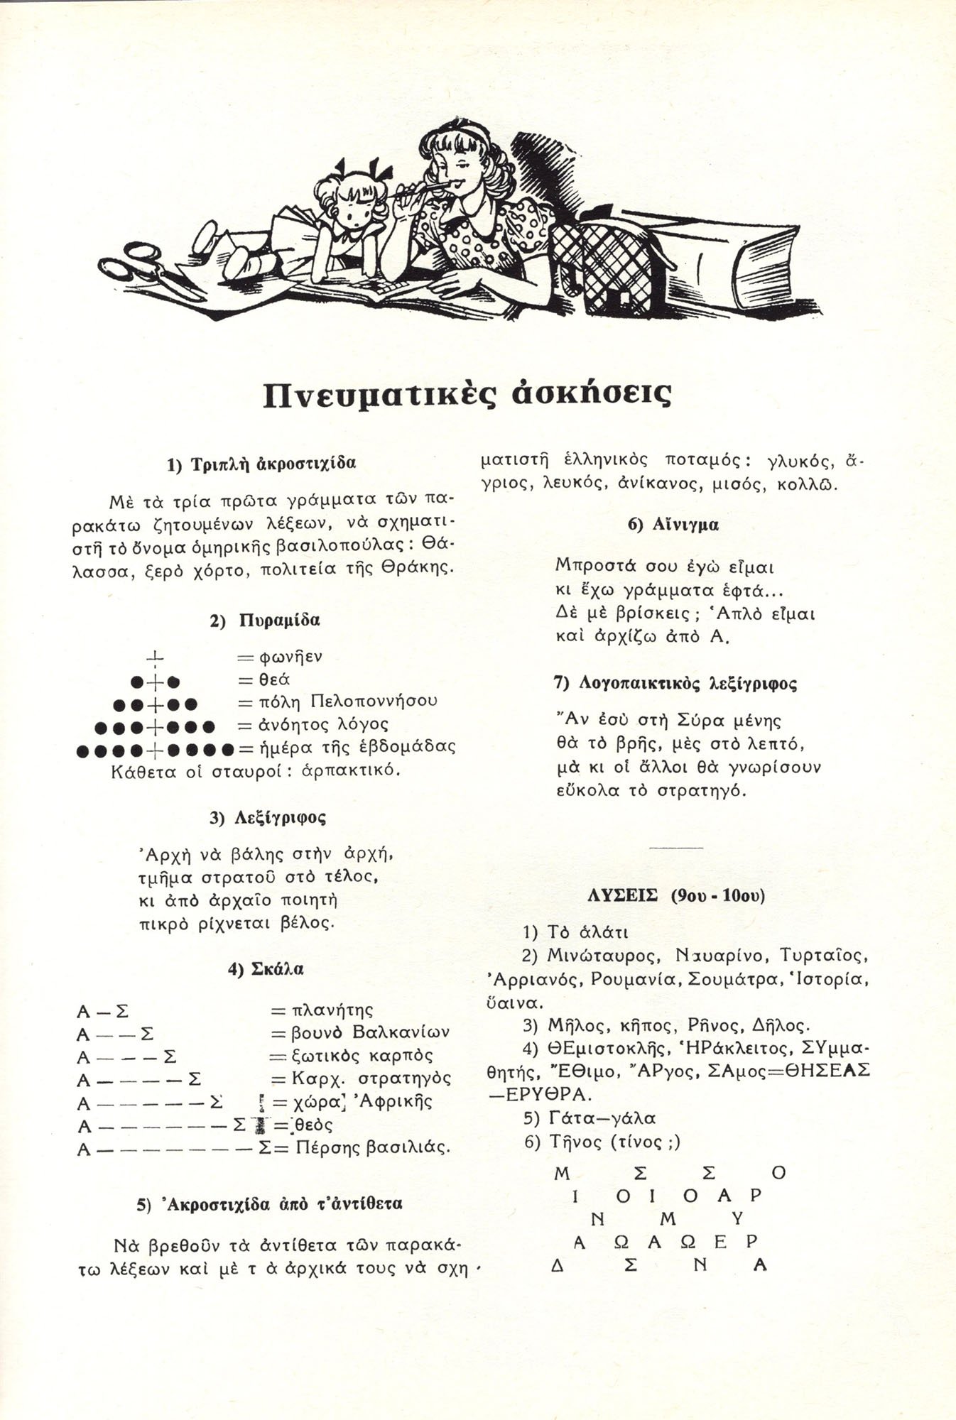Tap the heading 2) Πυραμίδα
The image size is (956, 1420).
coord(264,619)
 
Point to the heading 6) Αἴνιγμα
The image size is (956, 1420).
coord(673,525)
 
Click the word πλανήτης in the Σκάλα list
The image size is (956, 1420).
coord(333,1009)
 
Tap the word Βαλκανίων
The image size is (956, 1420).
coord(401,1031)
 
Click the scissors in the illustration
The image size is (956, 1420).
coord(149,270)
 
